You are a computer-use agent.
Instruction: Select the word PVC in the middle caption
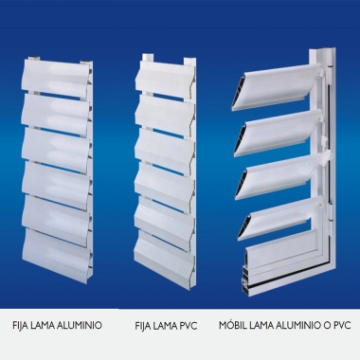point(187,326)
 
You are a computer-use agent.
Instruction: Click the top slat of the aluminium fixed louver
point(54,78)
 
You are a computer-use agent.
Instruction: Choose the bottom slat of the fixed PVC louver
point(164,250)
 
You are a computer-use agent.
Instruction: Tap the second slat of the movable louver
point(279,133)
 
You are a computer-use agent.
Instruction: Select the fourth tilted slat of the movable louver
point(280,218)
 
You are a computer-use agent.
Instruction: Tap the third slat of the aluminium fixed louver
point(56,148)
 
